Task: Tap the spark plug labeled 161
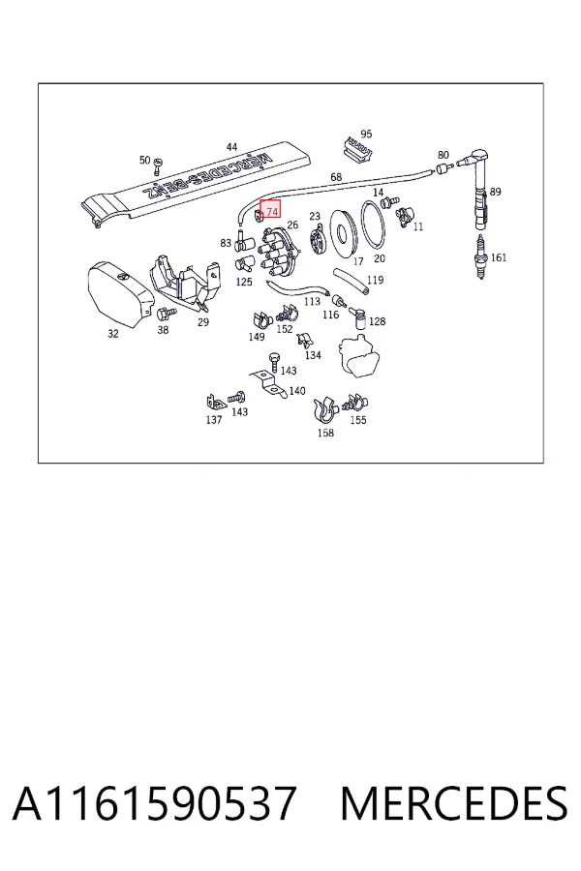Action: [x=480, y=256]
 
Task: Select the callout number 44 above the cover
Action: [x=231, y=147]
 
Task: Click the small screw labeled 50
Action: [x=158, y=164]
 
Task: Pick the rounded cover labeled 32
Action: [x=119, y=292]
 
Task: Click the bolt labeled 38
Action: [x=166, y=315]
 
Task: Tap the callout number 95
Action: [x=366, y=134]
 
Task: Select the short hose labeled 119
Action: [x=350, y=281]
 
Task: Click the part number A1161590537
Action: [x=154, y=803]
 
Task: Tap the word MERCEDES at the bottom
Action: [x=454, y=803]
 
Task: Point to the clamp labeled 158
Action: [x=325, y=411]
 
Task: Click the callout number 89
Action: [x=496, y=192]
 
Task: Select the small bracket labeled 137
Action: [x=214, y=402]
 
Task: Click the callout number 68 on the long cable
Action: [x=336, y=177]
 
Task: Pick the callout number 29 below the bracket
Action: [x=203, y=322]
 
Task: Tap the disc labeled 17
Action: [x=342, y=233]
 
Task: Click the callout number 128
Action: [x=377, y=321]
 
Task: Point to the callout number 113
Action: [x=312, y=301]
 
